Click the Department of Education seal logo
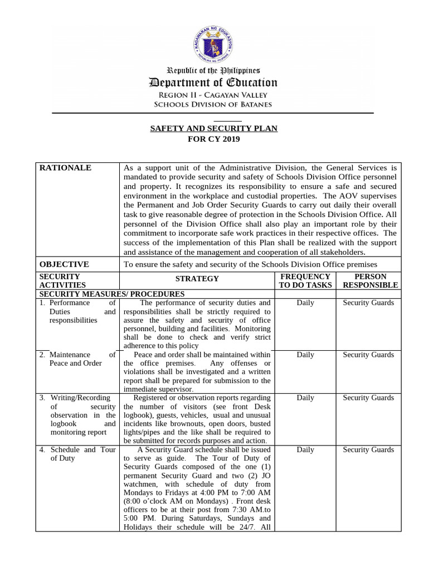214,43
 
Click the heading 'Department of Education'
213,83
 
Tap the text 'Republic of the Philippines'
213,71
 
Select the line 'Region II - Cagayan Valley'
213,95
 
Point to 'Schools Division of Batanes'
213,104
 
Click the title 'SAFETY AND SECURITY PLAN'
213,129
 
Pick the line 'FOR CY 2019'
213,139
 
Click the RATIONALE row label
65,168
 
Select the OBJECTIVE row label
64,264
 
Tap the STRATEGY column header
197,279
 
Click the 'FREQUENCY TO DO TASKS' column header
305,280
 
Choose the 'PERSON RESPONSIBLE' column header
370,280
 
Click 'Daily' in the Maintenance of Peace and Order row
305,355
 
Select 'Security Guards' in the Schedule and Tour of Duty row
368,449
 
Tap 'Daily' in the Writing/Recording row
305,398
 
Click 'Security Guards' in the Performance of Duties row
368,303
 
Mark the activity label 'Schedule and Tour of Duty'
78,454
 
